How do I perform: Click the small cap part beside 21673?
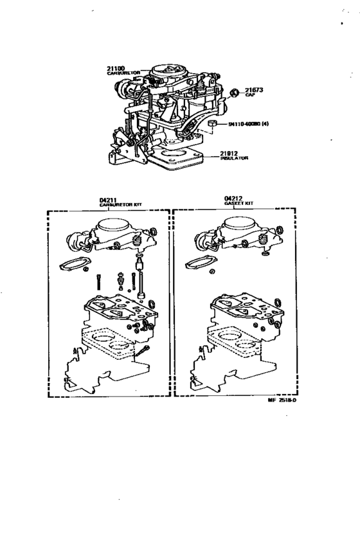[235, 93]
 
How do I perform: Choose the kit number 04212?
[231, 198]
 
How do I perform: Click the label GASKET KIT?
[239, 203]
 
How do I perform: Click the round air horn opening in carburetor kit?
[114, 226]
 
